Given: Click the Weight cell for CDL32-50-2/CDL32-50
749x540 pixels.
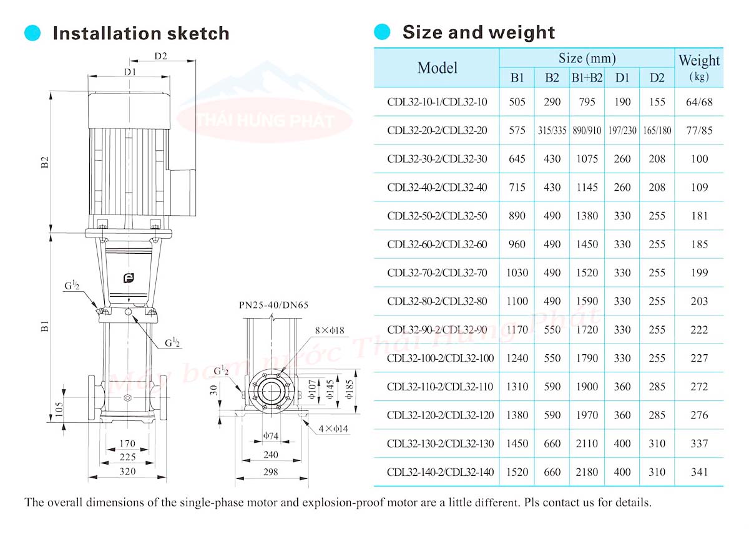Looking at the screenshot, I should coord(700,216).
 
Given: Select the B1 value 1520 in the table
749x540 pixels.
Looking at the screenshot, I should coord(517,473).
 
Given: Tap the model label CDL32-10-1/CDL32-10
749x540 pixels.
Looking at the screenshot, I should coord(437,102).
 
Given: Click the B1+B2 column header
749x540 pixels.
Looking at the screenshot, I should coord(587,78).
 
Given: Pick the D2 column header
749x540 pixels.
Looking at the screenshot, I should coord(657,78).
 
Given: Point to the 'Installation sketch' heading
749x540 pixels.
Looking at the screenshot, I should coord(140,33).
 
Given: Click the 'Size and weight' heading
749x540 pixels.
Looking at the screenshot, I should coord(478,32).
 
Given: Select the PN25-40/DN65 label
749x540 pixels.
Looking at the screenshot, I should coord(273,306).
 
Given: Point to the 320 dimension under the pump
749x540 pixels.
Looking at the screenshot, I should coord(127,471).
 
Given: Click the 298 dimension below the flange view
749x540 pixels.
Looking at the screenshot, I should coord(270,473).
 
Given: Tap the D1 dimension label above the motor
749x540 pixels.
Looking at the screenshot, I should coord(129,72).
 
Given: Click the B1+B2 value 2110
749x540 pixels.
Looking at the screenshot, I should coord(587,444).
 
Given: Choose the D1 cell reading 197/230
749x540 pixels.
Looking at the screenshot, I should coord(622,131).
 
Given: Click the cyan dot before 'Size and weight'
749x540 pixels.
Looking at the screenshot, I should coord(381,32).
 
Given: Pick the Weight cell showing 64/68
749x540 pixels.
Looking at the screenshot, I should coord(700,102).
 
